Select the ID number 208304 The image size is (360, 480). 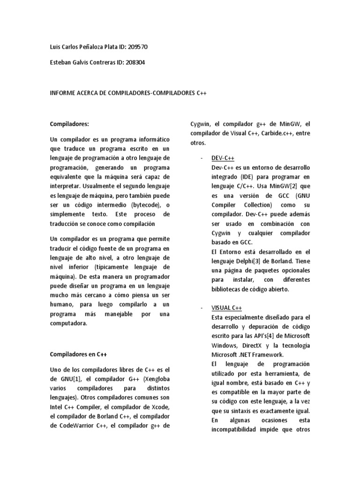click(x=134, y=62)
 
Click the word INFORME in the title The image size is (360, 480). click(x=64, y=93)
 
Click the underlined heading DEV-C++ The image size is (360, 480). click(x=226, y=159)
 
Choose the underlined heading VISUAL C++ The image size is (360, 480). click(x=227, y=308)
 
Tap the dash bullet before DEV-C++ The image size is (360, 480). click(x=201, y=159)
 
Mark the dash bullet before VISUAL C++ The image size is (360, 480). click(x=201, y=308)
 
